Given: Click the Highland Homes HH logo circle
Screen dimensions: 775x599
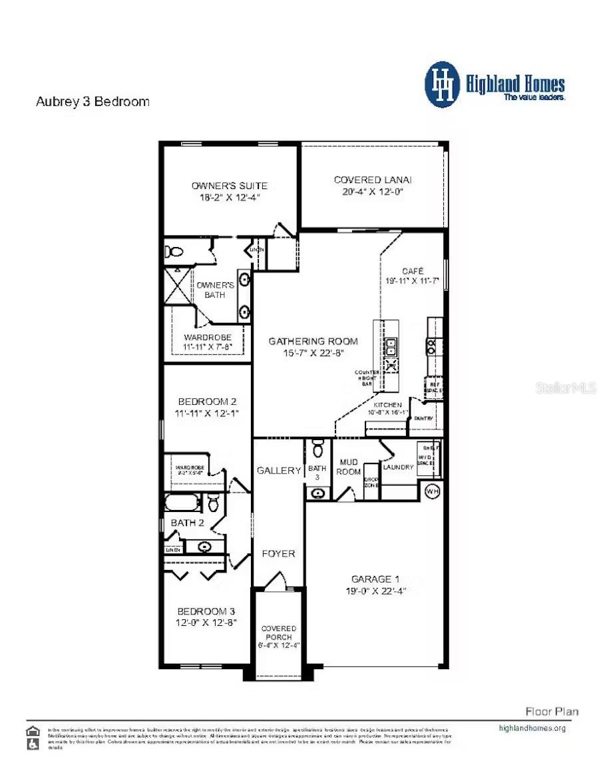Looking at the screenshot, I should pyautogui.click(x=442, y=85).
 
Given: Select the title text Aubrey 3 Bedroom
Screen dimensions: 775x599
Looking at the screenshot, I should pyautogui.click(x=92, y=102).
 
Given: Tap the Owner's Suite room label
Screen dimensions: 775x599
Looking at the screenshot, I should pyautogui.click(x=229, y=185).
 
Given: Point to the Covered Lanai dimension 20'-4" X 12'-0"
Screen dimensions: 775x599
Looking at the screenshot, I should pyautogui.click(x=373, y=192).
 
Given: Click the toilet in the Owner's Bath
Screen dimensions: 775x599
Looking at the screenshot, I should pyautogui.click(x=174, y=252).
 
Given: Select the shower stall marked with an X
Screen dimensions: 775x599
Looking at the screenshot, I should pyautogui.click(x=178, y=286).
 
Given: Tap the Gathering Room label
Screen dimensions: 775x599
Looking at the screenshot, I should pyautogui.click(x=313, y=341).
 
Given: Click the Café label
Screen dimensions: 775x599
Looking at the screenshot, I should pyautogui.click(x=412, y=272).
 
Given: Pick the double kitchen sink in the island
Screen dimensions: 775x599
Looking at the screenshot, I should pyautogui.click(x=391, y=346).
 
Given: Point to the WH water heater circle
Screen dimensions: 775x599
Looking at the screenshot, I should pyautogui.click(x=433, y=491).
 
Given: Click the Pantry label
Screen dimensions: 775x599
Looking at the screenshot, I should pyautogui.click(x=424, y=418).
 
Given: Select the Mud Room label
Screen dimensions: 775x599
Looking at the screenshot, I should pyautogui.click(x=349, y=466).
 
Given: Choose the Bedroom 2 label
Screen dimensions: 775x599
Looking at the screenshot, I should pyautogui.click(x=206, y=401).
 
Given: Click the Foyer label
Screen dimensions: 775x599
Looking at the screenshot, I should pyautogui.click(x=278, y=553).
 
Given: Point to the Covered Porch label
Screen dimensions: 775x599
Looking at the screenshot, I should pyautogui.click(x=278, y=633).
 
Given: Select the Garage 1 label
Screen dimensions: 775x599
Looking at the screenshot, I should pyautogui.click(x=375, y=579).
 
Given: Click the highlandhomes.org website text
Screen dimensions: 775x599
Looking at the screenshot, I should pyautogui.click(x=532, y=728).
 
